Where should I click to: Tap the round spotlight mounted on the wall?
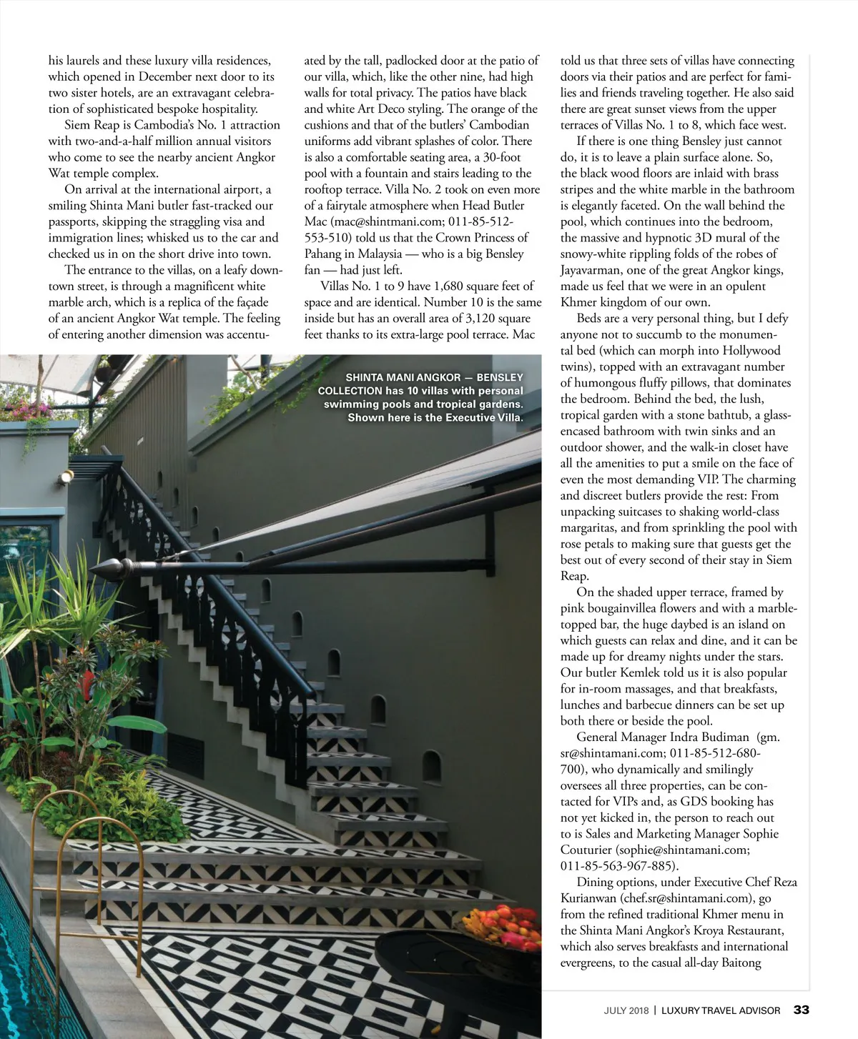coord(66,475)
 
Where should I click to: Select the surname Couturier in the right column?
coord(586,850)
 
